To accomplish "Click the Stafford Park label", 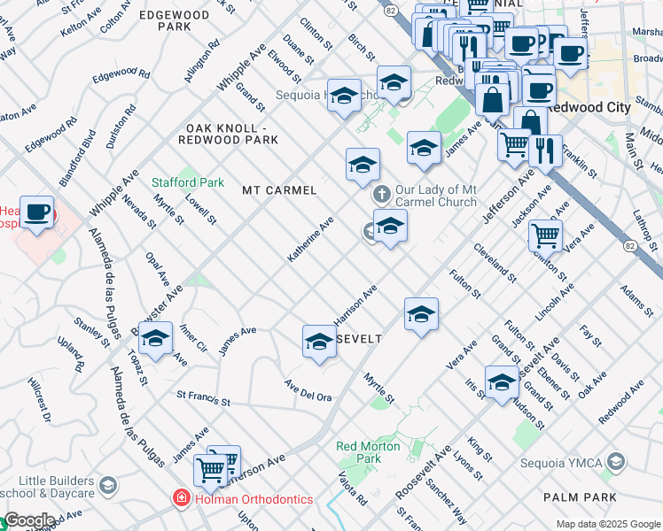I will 187,182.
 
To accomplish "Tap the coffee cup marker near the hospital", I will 36,213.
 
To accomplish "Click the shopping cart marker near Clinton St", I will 544,235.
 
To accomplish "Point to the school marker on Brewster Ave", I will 155,340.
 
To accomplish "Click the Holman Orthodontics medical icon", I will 181,499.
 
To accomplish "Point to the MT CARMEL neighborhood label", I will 279,190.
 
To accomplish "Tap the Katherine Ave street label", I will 310,240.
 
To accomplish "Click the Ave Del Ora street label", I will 308,390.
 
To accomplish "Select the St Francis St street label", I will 204,398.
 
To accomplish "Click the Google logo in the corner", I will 28,521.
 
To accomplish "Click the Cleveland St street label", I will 495,263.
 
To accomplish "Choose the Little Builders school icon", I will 107,485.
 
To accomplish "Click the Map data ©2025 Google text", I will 608,524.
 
